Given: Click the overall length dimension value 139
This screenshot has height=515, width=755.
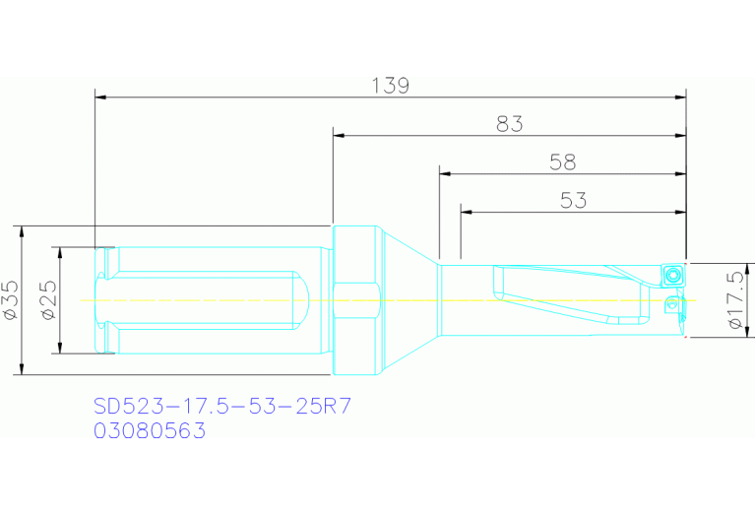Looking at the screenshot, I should [391, 86].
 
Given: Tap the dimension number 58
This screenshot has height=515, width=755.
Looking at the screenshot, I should [562, 162].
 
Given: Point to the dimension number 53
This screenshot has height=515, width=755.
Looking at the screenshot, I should [573, 201].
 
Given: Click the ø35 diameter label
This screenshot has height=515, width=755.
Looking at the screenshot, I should [12, 299].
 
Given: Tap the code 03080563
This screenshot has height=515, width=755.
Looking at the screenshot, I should [149, 430].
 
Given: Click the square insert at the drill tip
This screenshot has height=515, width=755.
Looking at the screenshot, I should [672, 272].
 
